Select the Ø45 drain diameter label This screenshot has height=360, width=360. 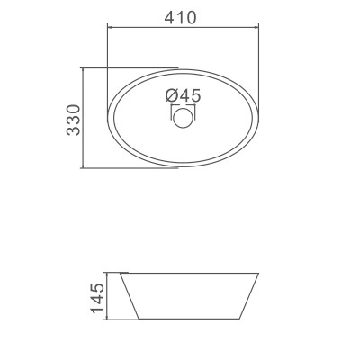pos(183,95)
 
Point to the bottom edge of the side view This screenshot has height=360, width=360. pos(190,318)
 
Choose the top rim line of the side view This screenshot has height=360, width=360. pos(190,271)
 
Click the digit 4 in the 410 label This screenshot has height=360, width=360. pos(171,15)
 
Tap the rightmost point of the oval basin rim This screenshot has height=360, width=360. pos(260,118)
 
